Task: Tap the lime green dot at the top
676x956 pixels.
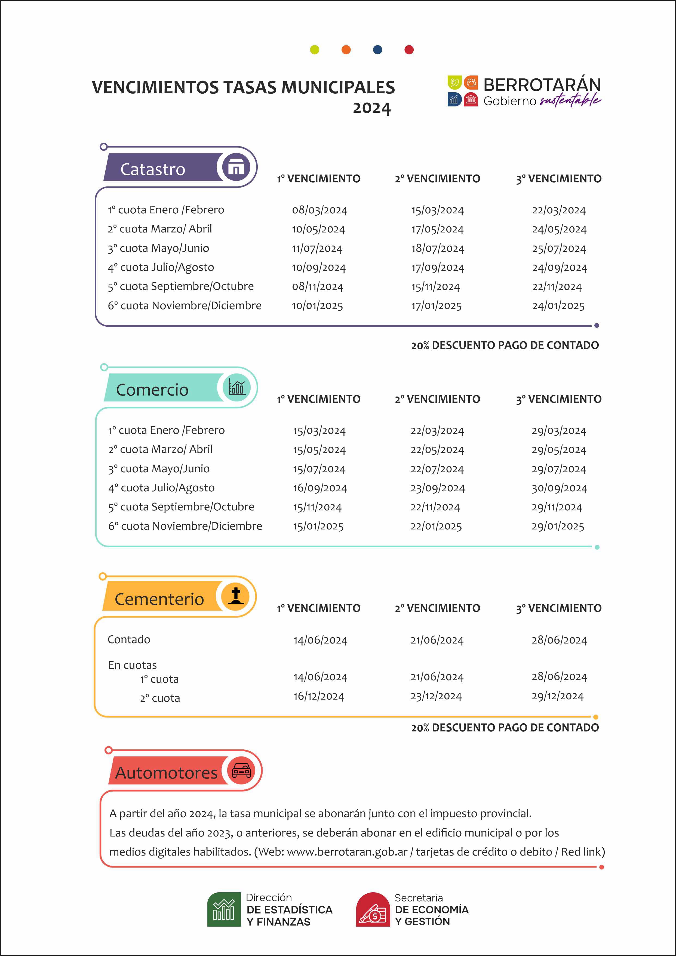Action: coord(315,50)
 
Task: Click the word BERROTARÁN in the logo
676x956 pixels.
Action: coord(542,85)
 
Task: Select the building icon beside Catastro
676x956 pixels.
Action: coord(236,167)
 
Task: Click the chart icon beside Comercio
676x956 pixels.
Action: coord(236,387)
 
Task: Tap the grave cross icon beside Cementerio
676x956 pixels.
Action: coord(236,596)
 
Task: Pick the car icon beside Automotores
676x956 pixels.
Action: coord(241,771)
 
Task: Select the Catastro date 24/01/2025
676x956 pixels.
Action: coord(558,306)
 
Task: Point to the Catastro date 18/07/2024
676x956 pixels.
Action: coord(438,249)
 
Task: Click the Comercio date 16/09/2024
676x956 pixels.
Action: coord(320,488)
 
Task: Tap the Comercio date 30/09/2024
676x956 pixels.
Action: coord(559,488)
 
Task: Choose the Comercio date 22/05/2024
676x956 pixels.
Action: coord(437,450)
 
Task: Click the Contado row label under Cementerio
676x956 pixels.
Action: coord(129,639)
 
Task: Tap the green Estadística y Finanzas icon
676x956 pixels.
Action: coord(224,909)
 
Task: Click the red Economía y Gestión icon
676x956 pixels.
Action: coord(373,909)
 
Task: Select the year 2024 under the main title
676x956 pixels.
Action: coord(372,108)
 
